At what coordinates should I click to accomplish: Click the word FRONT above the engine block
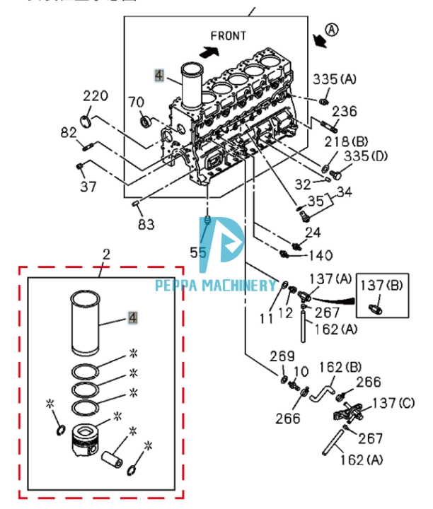[229, 35]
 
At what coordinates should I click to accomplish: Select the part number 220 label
[96, 95]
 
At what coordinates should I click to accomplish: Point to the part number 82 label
[68, 132]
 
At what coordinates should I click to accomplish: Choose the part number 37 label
[88, 186]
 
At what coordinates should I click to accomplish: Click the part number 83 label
[146, 224]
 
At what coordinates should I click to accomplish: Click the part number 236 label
[345, 111]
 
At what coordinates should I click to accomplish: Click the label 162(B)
[342, 366]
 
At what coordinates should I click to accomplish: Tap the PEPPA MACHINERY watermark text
[216, 286]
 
